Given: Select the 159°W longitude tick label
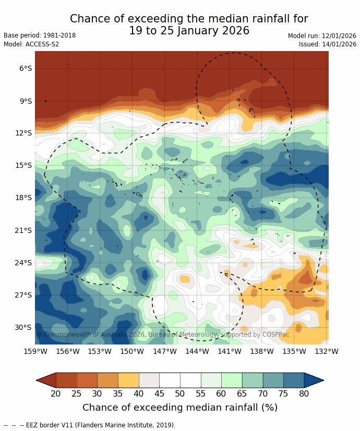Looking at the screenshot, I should coord(35,351).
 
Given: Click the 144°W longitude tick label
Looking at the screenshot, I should coord(197,351).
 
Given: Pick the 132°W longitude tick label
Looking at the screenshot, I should coord(327,351).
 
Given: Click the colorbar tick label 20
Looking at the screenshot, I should coord(56,394).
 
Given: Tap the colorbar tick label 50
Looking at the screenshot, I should coord(180,394).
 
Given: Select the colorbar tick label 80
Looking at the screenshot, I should coord(304,394).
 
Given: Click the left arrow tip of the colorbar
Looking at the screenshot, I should coord(37,380).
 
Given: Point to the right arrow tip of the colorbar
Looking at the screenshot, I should coord(323,380).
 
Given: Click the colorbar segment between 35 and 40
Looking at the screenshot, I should coord(128,380).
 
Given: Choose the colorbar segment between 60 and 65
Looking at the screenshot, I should coord(232,380).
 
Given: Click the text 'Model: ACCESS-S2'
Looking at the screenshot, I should coord(31,44).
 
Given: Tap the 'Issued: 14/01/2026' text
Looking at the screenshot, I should coord(328,44).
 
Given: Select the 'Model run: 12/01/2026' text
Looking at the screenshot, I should coord(322,36).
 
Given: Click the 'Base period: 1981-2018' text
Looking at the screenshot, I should coord(40,35).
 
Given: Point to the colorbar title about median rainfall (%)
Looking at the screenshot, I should coord(180,408).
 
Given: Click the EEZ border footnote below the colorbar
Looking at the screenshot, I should coord(89,425).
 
